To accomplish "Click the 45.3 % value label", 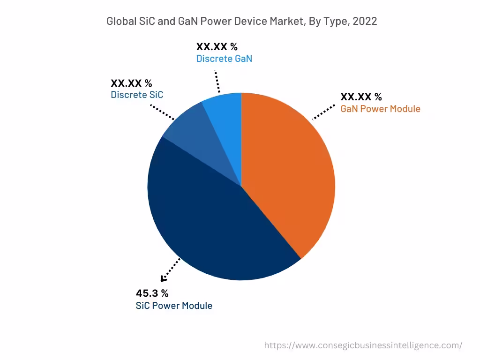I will (152, 293).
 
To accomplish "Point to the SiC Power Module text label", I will (174, 306).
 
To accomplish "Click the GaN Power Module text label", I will (380, 109).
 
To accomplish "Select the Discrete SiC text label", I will (137, 95).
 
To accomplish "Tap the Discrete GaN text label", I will (224, 59).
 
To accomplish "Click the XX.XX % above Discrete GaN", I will (217, 47).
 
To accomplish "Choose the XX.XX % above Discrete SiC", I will (131, 83).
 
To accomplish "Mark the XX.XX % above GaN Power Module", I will (361, 97).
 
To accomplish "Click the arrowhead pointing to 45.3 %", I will (164, 279).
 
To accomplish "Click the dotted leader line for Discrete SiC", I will (163, 112).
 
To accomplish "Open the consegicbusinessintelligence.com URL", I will (363, 345).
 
